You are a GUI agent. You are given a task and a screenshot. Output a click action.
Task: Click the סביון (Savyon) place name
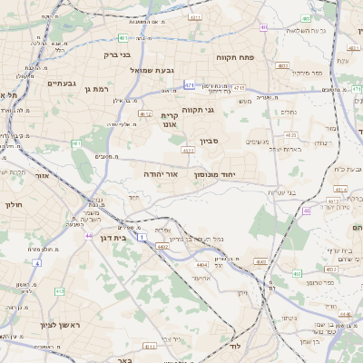tap(211, 142)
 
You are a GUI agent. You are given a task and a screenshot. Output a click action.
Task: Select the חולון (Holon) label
tap(13, 205)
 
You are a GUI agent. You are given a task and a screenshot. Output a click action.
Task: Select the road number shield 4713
tap(239, 87)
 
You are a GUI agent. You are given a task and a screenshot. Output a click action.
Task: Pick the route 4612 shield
tap(145, 113)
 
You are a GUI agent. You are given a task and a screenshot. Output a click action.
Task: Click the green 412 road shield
tap(59, 291)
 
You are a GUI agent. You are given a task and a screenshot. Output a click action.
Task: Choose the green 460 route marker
tap(297, 272)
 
